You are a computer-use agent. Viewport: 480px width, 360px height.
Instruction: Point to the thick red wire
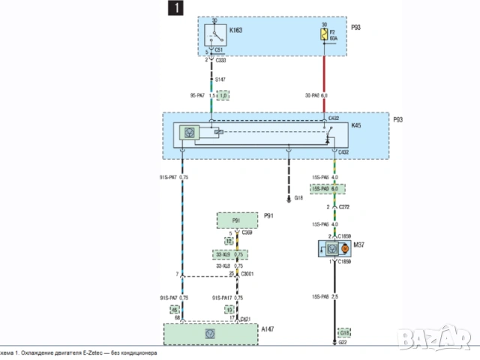coord(325,79)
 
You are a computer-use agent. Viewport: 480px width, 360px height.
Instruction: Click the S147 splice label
coord(220,79)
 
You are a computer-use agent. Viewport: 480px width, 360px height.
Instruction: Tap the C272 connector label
coord(345,206)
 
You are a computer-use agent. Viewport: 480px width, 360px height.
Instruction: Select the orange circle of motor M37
coord(344,247)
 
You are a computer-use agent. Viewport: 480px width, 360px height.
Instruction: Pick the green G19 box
coord(343,331)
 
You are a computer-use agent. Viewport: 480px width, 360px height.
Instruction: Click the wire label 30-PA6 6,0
coord(316,96)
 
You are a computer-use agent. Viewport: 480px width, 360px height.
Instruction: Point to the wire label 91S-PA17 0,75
coord(227,298)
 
